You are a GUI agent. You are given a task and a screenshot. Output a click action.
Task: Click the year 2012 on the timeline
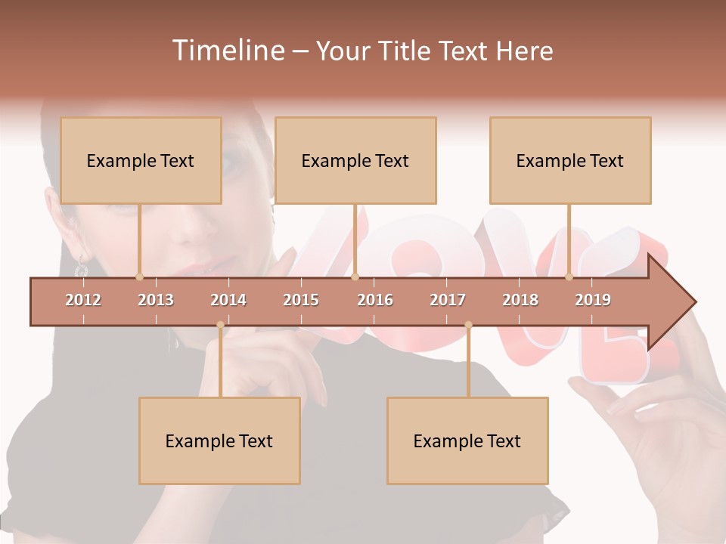coord(83,300)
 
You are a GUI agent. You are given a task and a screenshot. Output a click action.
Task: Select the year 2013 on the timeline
coord(156,300)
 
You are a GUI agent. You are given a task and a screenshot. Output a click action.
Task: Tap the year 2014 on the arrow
coord(228,300)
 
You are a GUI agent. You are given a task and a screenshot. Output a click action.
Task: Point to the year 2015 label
coord(301,300)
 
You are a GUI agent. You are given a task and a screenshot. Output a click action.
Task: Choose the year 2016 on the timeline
coord(375,300)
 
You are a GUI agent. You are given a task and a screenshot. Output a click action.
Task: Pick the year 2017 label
coord(448,300)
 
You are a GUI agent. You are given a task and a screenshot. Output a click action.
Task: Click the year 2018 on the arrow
coord(520,300)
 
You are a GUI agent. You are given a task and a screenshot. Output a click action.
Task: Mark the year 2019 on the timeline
coord(593,300)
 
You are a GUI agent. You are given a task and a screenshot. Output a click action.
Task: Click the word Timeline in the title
coord(227,51)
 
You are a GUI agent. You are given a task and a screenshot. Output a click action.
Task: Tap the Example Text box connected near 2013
coord(141,161)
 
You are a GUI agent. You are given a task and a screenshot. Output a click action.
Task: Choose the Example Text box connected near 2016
coord(355,161)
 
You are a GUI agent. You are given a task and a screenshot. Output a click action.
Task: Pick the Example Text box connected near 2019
coord(570,161)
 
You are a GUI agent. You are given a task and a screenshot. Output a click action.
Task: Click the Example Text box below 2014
coord(219,441)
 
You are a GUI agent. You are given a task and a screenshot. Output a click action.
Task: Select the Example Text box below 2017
coord(467,441)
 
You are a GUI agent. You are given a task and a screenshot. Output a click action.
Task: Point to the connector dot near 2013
coord(139,277)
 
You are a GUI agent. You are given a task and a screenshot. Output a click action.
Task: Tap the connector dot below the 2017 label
coord(468,325)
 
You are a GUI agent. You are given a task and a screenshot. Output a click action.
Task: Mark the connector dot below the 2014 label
coord(220,325)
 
